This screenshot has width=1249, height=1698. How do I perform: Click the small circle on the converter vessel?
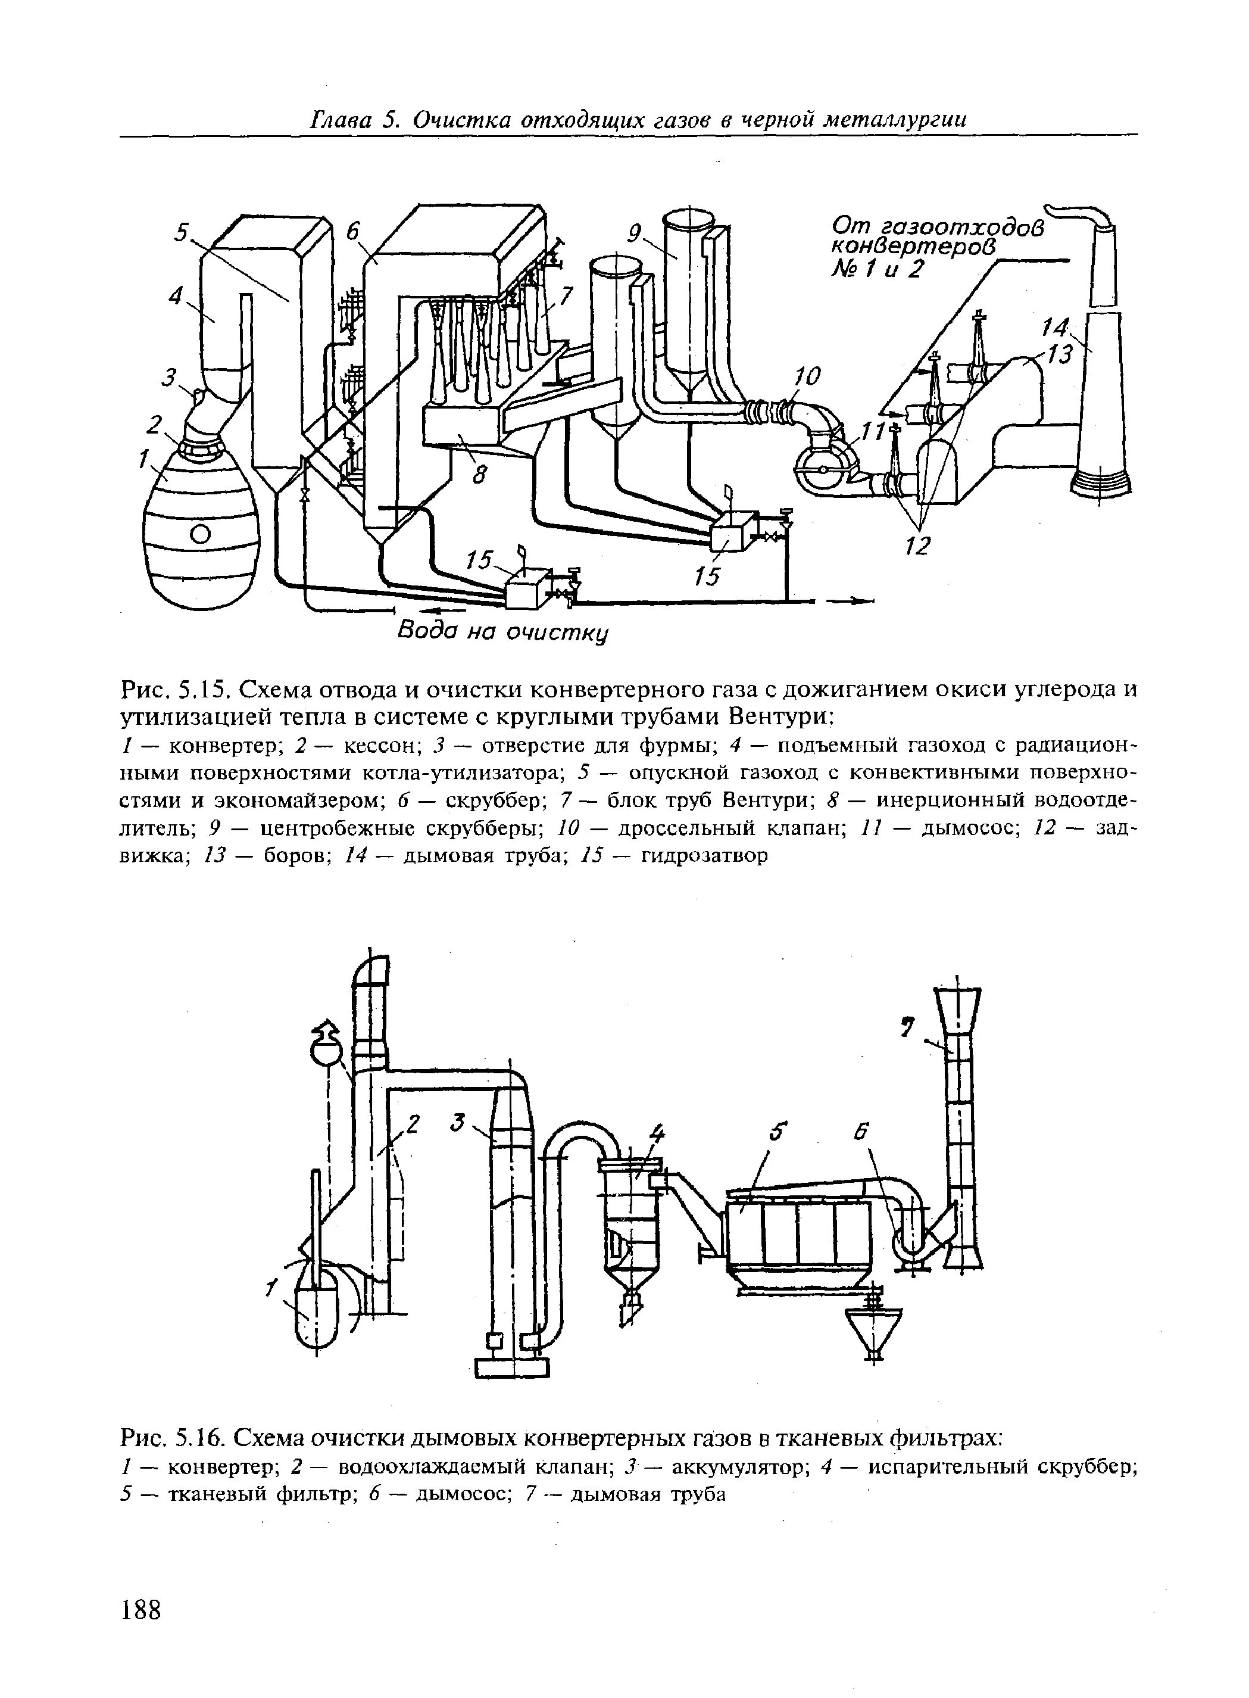(199, 535)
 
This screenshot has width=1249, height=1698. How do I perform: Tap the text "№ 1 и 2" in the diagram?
(878, 269)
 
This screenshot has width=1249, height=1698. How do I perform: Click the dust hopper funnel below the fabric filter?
(873, 1338)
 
